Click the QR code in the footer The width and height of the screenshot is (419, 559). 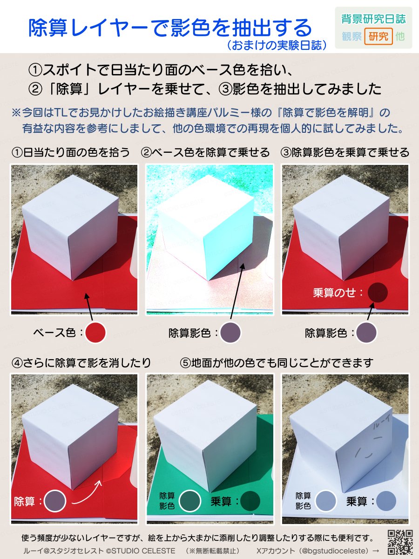click(400, 542)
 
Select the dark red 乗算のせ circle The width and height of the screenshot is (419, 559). click(378, 292)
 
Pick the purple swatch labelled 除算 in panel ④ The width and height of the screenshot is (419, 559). click(55, 501)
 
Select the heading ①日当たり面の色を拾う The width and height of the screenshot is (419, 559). click(71, 153)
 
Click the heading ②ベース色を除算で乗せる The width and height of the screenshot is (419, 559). click(205, 153)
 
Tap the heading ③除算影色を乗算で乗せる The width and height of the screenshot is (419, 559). click(345, 153)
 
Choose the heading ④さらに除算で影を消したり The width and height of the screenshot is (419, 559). click(81, 362)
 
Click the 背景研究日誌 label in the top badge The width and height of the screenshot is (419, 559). click(373, 19)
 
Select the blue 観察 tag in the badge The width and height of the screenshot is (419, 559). click(351, 36)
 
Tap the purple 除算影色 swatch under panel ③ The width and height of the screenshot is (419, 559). click(366, 333)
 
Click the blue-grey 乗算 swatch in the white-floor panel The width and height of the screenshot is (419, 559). click(386, 501)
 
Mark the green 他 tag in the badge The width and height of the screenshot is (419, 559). click(400, 36)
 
